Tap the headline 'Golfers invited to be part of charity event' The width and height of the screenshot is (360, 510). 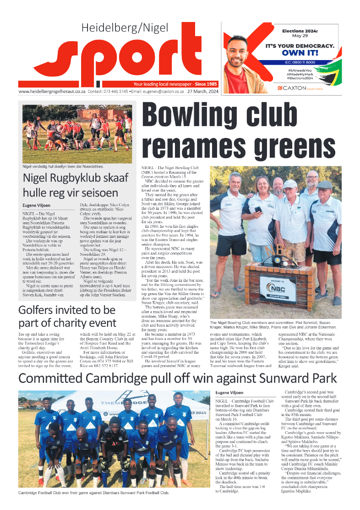pos(67,317)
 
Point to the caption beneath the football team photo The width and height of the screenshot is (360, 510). pos(93,493)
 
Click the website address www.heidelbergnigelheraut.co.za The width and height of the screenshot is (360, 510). pos(52,91)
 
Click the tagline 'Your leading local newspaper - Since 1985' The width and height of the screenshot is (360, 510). pos(175,84)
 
